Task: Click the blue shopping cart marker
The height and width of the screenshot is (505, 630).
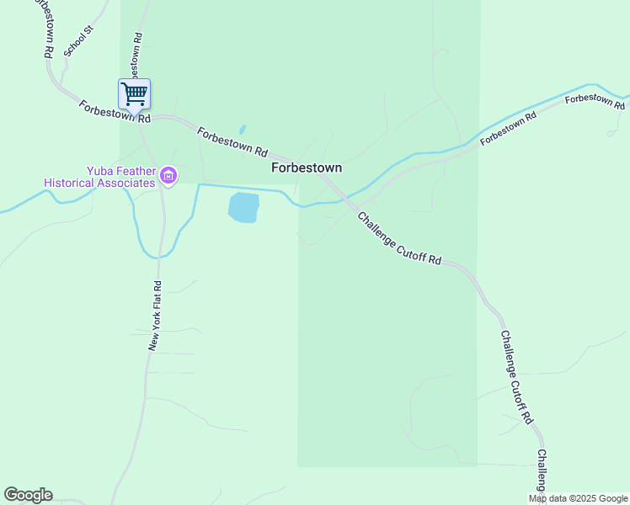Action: [134, 93]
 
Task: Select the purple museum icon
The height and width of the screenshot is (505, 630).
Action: [168, 176]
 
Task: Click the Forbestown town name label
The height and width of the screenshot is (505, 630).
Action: [307, 168]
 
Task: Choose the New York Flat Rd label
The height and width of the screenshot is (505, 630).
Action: [154, 316]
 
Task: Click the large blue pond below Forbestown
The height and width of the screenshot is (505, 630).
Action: [243, 207]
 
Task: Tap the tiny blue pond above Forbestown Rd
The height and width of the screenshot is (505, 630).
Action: [243, 130]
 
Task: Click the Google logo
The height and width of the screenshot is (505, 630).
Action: [28, 495]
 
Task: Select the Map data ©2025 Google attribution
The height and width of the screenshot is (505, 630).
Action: [578, 498]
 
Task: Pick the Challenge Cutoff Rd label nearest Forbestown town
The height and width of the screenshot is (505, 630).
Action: [399, 238]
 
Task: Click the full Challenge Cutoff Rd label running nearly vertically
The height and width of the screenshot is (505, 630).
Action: [517, 377]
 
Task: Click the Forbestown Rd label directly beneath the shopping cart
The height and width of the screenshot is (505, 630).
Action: [115, 111]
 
